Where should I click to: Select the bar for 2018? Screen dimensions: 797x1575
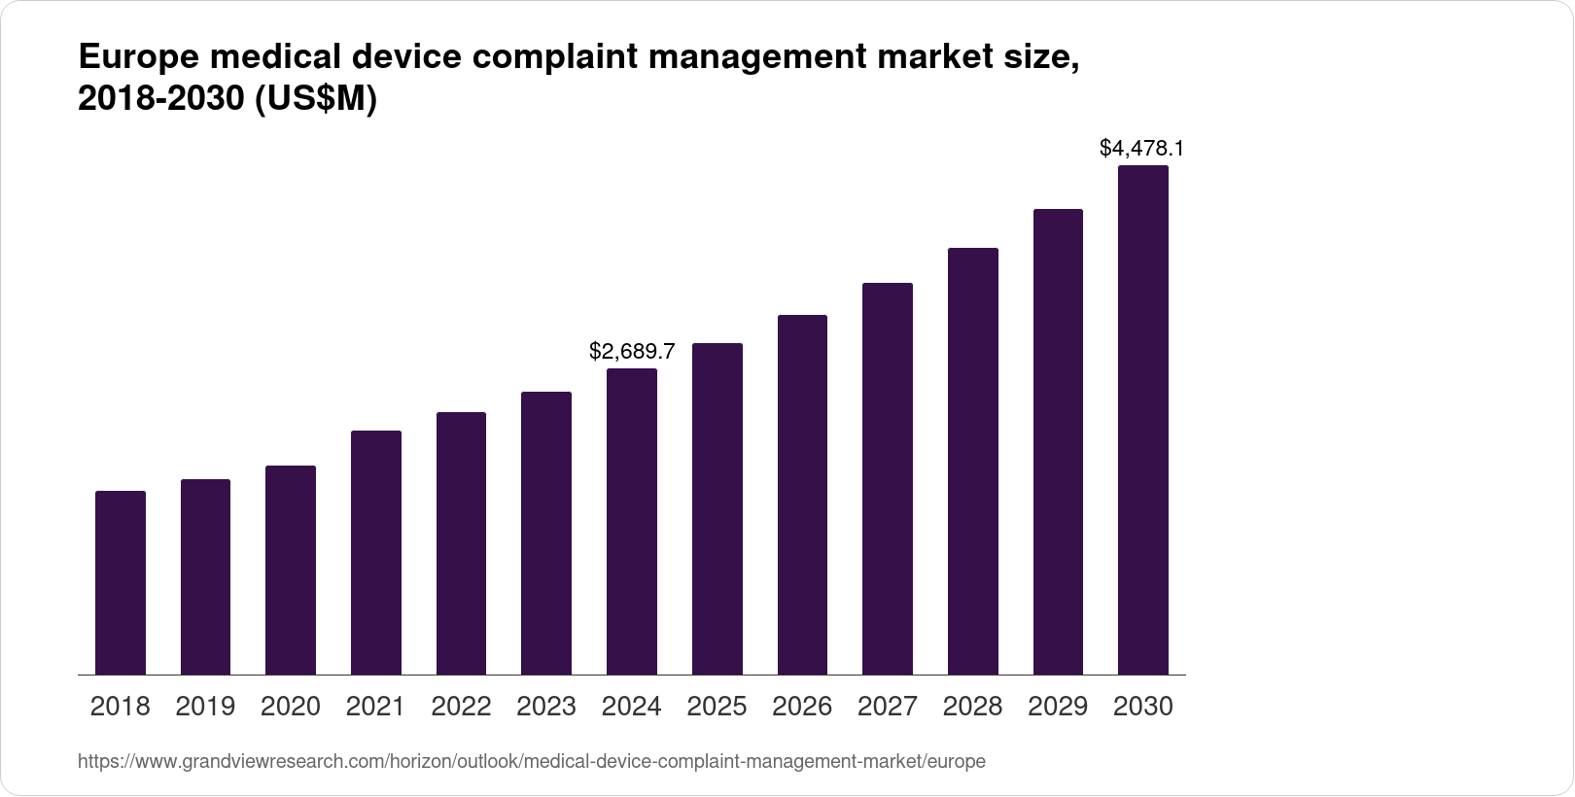[x=121, y=583]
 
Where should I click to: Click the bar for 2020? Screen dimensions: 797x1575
[x=291, y=571]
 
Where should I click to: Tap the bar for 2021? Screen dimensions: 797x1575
[x=376, y=553]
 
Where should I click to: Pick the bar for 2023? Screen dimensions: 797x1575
[x=546, y=534]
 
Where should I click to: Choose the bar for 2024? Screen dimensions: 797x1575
[x=632, y=522]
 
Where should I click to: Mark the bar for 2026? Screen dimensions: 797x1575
[x=802, y=495]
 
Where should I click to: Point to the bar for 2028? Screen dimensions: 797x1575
[x=973, y=462]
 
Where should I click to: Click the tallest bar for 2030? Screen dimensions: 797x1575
[x=1143, y=420]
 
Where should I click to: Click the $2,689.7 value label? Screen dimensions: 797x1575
[x=632, y=351]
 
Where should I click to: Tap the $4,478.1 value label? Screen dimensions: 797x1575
[x=1141, y=148]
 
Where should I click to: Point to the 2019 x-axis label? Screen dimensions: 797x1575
[x=205, y=707]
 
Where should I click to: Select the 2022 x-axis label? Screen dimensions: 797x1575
[x=461, y=707]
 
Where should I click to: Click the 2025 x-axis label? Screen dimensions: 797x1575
[x=717, y=707]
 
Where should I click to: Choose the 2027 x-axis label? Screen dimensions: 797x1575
[x=888, y=707]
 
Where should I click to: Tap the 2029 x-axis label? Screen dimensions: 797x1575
[x=1058, y=707]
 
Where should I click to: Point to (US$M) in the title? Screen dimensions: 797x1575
[x=315, y=99]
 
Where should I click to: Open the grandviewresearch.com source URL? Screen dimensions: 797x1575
[x=531, y=762]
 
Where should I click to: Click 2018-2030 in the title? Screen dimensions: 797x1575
[x=161, y=99]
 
